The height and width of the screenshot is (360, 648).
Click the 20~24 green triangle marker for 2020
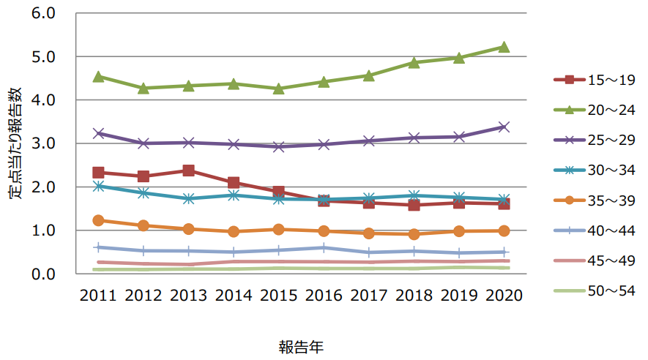pos(503,47)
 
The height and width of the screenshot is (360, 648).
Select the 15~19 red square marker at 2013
pos(188,170)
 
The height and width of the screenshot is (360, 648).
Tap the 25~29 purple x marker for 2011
pos(99,133)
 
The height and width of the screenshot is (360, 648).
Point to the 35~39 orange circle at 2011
pos(99,220)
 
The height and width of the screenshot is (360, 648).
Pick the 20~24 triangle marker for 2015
pos(278,89)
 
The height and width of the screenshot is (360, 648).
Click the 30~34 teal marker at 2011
pos(99,186)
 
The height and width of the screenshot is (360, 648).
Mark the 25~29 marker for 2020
pos(503,127)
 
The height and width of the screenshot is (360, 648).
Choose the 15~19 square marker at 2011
pos(99,173)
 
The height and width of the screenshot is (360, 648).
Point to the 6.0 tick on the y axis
pos(45,13)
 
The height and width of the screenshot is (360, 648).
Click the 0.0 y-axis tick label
pos(45,274)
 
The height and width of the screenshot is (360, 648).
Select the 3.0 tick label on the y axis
pos(45,143)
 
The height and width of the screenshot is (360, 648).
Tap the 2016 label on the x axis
pos(323,295)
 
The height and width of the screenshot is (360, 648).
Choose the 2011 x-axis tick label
pos(99,295)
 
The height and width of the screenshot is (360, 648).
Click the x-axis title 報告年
pos(300,345)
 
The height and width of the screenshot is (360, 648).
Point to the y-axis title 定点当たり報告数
pos(15,143)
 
